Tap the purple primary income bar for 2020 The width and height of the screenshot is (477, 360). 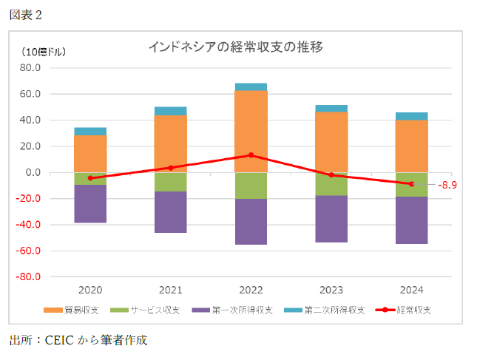coord(90,203)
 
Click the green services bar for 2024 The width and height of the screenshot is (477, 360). coord(411,185)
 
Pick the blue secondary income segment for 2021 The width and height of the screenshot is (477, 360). coord(171,111)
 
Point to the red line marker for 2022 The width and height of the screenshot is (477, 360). coord(251,155)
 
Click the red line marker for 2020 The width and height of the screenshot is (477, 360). coord(90,178)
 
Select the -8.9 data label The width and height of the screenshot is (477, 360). coord(448,185)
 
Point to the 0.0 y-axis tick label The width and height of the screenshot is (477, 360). coord(33,173)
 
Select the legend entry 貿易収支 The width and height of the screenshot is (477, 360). coord(78,310)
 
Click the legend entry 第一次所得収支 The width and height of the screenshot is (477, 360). coord(237,310)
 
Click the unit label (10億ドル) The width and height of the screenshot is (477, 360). coord(43,52)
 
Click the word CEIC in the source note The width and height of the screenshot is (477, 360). coord(58,341)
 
